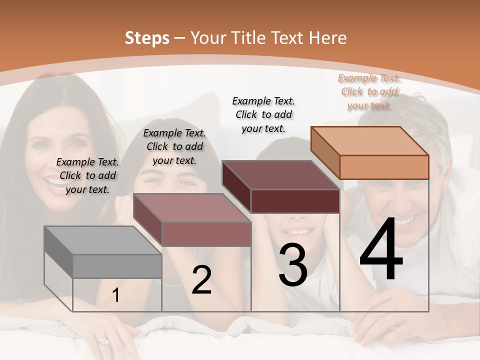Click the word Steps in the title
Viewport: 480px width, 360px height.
pos(147,38)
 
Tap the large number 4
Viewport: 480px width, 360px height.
pos(381,251)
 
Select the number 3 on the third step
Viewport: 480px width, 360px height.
pos(293,265)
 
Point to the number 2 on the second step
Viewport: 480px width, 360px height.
pos(201,280)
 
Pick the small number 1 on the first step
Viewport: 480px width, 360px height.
pos(116,295)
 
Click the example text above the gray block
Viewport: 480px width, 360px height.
pos(87,175)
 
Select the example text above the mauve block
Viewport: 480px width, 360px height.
pos(174,146)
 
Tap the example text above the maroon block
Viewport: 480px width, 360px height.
pos(263,114)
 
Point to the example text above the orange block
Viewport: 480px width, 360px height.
pos(369,91)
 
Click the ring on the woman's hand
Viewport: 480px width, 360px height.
pos(103,342)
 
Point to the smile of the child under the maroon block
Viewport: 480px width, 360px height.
pos(297,232)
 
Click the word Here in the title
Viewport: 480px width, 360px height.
pos(328,38)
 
